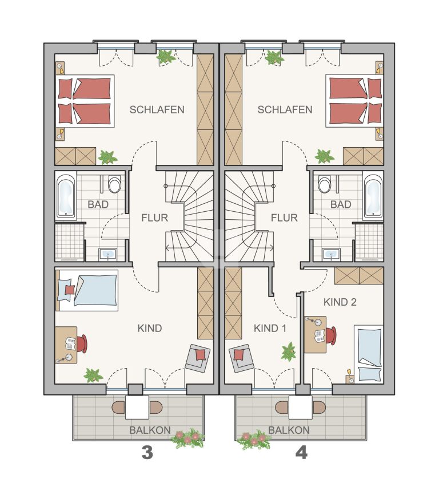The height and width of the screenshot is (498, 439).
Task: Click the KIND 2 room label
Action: (340, 302)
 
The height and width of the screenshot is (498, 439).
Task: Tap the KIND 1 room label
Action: (270, 329)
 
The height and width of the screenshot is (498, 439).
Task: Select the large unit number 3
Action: (147, 453)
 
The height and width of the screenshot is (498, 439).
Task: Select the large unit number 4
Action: (301, 453)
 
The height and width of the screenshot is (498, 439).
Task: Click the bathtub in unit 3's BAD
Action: (66, 196)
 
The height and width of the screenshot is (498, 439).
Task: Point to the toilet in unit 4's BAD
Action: (325, 184)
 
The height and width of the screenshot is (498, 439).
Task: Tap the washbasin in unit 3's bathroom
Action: (108, 255)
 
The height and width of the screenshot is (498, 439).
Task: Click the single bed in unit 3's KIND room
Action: (87, 290)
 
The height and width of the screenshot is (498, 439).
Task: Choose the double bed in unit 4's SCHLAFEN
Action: (354, 101)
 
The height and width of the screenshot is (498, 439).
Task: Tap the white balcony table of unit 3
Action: (137, 407)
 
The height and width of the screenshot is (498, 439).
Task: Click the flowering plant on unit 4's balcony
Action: (254, 439)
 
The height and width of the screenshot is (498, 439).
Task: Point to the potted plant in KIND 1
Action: (289, 351)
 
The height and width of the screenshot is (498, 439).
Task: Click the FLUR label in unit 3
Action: (154, 218)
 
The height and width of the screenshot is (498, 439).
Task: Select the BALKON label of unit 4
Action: (289, 430)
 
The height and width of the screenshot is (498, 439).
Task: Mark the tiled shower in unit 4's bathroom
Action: (369, 242)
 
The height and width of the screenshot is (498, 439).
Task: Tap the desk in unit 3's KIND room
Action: (66, 345)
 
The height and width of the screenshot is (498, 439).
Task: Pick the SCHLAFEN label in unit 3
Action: (157, 109)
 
